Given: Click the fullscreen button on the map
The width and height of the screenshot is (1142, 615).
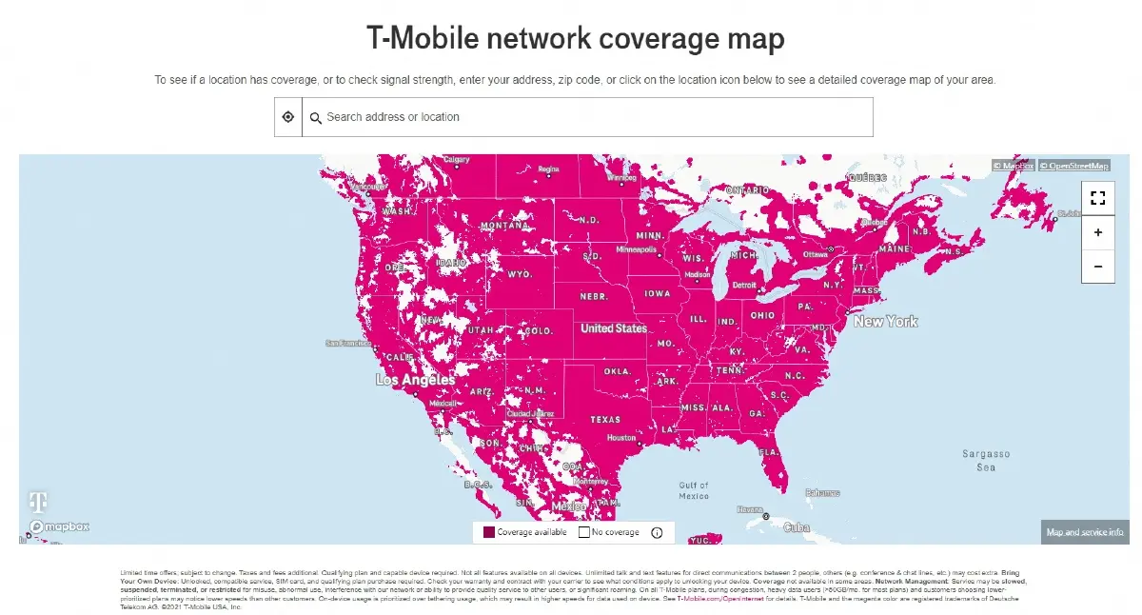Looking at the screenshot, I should [x=1097, y=198].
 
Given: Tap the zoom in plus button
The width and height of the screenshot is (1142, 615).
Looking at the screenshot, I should [x=1097, y=232].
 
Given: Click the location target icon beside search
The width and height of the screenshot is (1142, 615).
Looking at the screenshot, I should [x=288, y=117].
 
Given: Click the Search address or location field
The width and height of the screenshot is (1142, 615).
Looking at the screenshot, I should [x=590, y=117].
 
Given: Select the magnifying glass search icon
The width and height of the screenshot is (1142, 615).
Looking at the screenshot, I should [x=316, y=118].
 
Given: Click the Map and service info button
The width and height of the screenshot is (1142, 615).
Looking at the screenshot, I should [x=1085, y=532].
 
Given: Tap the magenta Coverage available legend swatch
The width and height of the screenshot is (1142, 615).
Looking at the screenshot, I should [x=489, y=533].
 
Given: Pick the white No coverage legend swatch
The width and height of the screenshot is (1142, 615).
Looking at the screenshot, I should [x=584, y=533].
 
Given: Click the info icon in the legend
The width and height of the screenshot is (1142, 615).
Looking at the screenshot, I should [x=657, y=533].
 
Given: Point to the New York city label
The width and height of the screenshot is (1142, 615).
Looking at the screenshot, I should [x=885, y=322].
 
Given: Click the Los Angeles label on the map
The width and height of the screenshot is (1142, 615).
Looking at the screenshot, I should [x=416, y=380].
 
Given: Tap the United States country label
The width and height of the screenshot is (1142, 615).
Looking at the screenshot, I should [x=614, y=328].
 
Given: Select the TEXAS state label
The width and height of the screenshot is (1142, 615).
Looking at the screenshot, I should [x=605, y=419].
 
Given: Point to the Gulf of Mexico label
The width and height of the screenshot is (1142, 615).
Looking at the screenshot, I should [x=694, y=490].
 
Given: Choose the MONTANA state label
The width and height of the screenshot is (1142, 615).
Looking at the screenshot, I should [x=503, y=227].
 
